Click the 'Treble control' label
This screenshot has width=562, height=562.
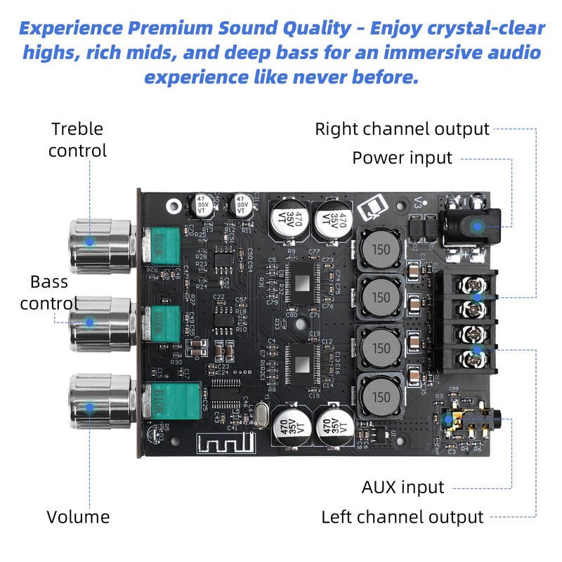tap(77, 139)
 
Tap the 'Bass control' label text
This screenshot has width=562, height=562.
tap(49, 292)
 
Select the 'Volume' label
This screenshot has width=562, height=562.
tap(78, 517)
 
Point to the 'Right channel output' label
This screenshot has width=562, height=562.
tap(402, 129)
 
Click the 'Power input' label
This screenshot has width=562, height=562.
tap(402, 157)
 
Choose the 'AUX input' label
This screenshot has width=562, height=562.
tap(403, 487)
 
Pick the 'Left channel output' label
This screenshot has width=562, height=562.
tap(403, 517)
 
